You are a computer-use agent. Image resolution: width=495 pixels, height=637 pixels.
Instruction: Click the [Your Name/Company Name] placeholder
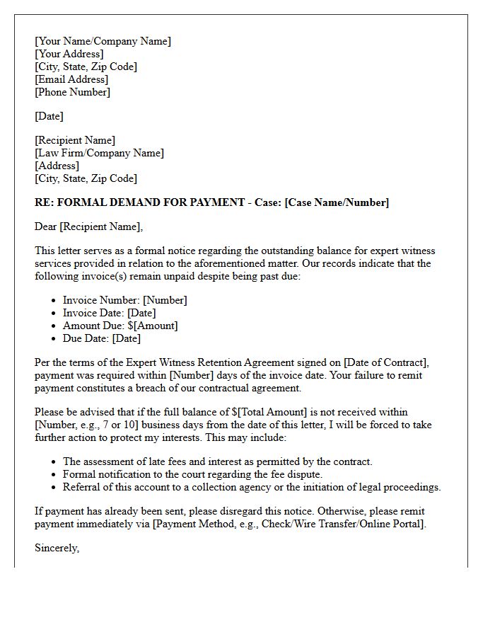pyautogui.click(x=103, y=41)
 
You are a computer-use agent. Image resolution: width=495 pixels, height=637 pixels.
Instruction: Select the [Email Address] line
pyautogui.click(x=71, y=79)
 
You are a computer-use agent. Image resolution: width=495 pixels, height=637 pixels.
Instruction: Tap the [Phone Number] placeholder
pyautogui.click(x=72, y=92)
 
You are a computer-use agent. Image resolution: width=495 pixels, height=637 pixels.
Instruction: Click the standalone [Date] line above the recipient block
pyautogui.click(x=49, y=116)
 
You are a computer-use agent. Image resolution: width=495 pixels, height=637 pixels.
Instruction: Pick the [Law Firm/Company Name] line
pyautogui.click(x=99, y=153)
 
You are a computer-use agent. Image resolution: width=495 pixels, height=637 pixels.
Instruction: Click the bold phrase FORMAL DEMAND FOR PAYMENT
pyautogui.click(x=149, y=202)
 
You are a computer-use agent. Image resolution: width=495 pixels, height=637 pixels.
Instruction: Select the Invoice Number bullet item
pyautogui.click(x=124, y=300)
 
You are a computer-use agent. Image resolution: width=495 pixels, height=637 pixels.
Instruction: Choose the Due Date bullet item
pyautogui.click(x=101, y=338)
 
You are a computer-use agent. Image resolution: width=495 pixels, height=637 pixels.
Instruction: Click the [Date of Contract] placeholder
pyautogui.click(x=366, y=362)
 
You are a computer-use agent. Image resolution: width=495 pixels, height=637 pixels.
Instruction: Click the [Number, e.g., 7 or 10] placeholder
pyautogui.click(x=95, y=425)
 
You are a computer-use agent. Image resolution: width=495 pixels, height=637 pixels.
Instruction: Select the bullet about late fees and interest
pyautogui.click(x=217, y=461)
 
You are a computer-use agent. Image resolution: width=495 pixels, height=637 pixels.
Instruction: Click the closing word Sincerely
pyautogui.click(x=57, y=548)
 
